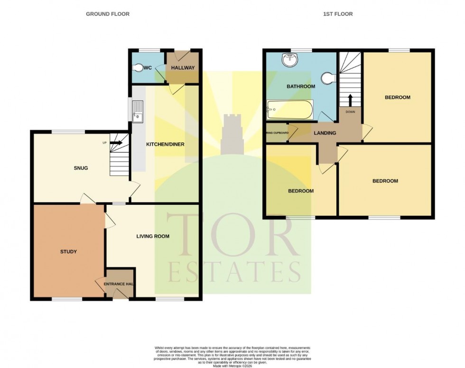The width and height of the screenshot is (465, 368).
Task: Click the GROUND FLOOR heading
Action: point(107,14)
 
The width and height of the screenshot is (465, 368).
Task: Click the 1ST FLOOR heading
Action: point(338,14)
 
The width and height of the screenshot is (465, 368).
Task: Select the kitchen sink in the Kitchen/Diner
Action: point(138,112)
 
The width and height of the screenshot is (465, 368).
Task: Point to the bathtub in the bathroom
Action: point(289,110)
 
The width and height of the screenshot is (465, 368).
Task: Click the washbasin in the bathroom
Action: point(288,60)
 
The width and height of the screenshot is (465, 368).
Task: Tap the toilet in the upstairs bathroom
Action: point(329,79)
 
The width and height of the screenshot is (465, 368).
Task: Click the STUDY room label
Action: point(68,251)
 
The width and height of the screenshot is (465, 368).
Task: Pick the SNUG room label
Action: point(81,168)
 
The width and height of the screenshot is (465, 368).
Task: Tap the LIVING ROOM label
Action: point(153,236)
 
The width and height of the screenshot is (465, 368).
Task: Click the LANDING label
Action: point(325,133)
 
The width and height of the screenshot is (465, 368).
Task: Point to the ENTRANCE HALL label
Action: point(116,284)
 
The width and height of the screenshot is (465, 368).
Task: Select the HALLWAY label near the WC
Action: point(183,68)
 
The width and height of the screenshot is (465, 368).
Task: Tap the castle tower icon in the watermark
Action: point(232,133)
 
